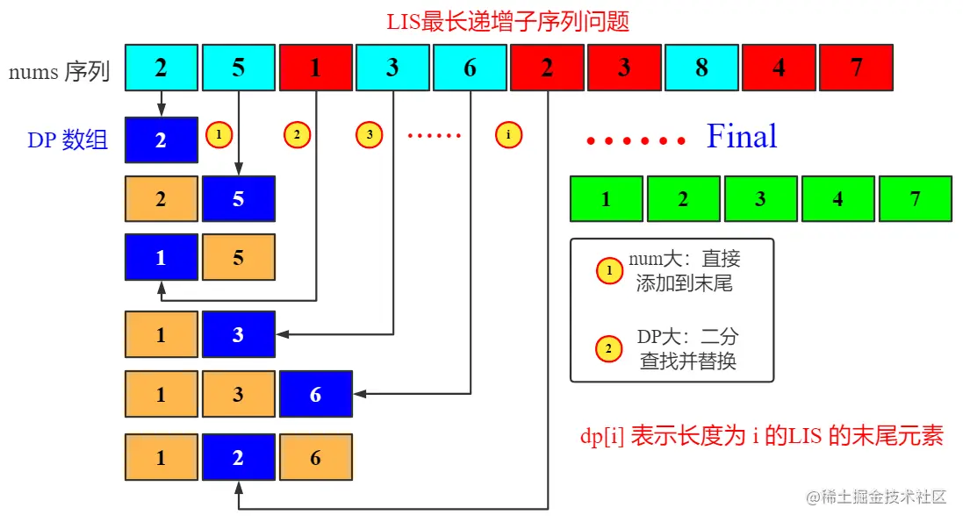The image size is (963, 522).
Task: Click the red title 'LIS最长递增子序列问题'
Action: point(508,21)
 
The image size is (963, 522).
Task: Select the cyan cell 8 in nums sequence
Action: point(701,68)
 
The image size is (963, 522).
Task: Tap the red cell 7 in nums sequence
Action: point(856,68)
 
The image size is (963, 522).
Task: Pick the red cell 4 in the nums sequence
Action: point(779,68)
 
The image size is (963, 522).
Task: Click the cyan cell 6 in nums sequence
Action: point(470,68)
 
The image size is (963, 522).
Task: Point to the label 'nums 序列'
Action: point(59,71)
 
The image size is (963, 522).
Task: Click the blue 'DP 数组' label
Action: point(68,139)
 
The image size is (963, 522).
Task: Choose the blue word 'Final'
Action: point(742,137)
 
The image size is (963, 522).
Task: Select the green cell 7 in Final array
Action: point(915,198)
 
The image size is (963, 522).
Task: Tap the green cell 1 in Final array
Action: point(606,198)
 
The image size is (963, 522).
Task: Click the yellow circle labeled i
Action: point(508,135)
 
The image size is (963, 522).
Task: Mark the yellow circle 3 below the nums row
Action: point(370,135)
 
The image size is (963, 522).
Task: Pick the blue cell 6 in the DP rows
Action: point(315,394)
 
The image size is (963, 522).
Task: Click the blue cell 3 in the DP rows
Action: point(238,334)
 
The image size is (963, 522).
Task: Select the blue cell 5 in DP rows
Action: point(238,198)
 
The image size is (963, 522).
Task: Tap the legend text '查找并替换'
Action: point(687,361)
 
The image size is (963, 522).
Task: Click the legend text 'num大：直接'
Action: point(685,259)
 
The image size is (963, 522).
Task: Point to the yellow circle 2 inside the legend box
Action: point(607,350)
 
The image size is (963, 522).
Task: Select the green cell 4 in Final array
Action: point(837,198)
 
